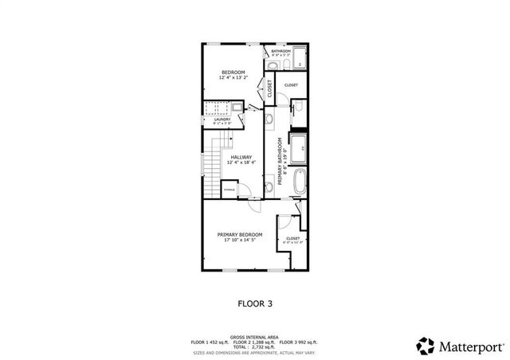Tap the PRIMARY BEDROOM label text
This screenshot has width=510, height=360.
click(240, 235)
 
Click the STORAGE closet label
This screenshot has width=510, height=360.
click(229, 190)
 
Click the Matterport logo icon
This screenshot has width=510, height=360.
click(426, 346)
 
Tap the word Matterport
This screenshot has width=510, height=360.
click(471, 346)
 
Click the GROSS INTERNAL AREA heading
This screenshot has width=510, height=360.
click(254, 337)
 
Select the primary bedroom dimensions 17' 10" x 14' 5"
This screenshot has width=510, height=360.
click(240, 241)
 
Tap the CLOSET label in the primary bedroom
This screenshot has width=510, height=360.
click(292, 238)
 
